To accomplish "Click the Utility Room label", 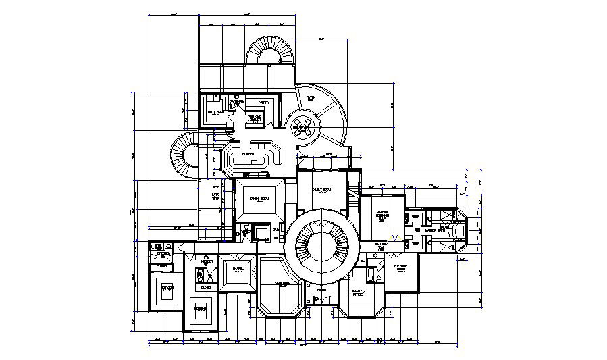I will pos(215,113).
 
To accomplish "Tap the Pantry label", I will pos(263,103).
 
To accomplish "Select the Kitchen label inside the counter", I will pos(248,154).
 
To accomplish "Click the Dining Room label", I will pos(259,199).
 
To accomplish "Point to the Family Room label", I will pos(322,190).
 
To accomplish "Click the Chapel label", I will pos(237,269).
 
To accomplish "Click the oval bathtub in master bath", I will pos(460,230).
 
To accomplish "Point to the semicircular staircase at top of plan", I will pos(269,51).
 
